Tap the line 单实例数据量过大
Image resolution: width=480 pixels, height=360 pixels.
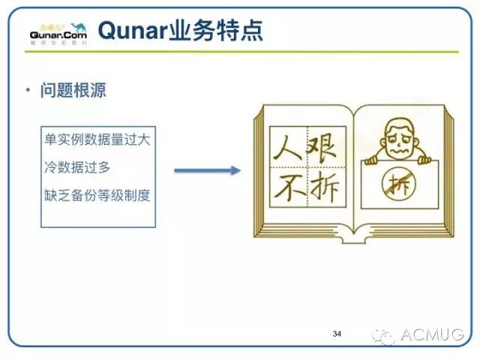click(97, 140)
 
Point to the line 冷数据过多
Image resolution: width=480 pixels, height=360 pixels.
click(77, 168)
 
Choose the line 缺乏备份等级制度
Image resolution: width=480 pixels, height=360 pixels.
click(97, 196)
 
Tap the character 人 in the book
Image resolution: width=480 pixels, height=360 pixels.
click(286, 142)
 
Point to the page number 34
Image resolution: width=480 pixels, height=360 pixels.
click(337, 332)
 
